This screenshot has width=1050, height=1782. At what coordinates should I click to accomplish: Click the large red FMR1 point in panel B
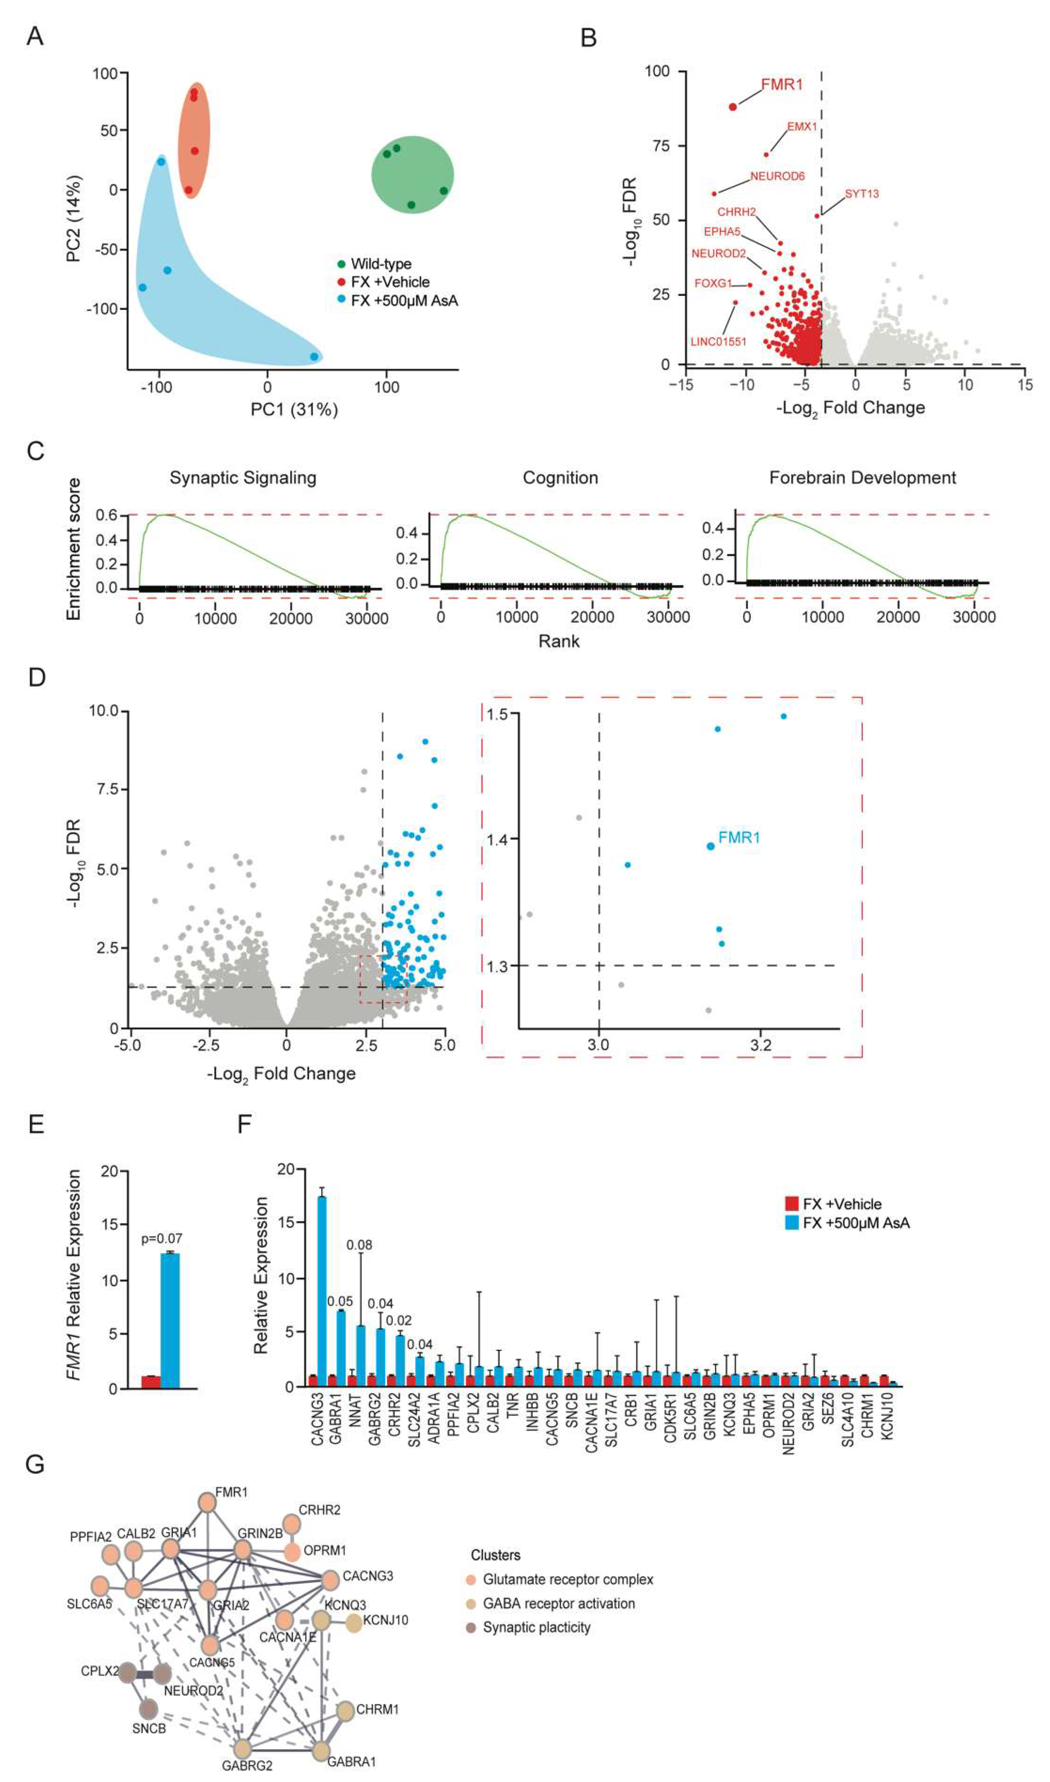pos(733,107)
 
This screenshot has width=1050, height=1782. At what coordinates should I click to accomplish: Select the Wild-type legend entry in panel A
pos(381,264)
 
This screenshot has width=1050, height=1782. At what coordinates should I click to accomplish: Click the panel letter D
pos(37,677)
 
